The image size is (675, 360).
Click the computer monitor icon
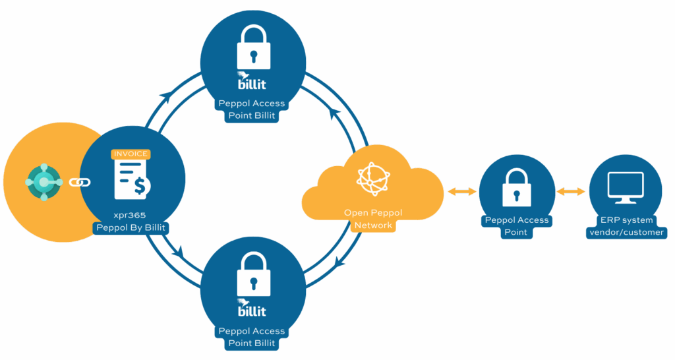[625, 188]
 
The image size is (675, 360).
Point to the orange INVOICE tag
[131, 154]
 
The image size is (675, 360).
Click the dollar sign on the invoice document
[140, 186]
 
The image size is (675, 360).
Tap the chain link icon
[80, 182]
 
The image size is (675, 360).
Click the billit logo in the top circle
[252, 82]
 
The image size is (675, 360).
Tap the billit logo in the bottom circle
[252, 309]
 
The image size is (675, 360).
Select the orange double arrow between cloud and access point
[461, 191]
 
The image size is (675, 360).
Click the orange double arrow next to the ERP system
[570, 191]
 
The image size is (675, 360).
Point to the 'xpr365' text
[131, 216]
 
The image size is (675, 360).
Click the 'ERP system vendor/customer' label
[626, 226]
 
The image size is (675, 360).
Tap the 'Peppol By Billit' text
[131, 228]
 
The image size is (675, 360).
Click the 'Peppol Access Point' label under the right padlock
[516, 226]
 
